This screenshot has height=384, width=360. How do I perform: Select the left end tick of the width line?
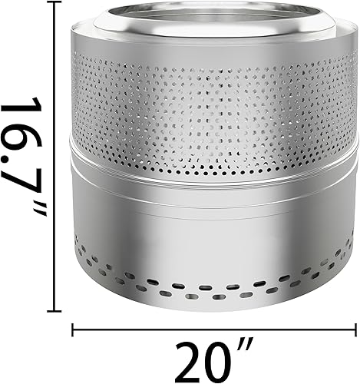(x=73, y=330)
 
